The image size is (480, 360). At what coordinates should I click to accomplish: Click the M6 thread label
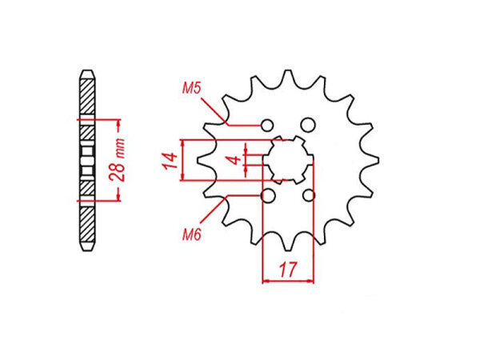(191, 234)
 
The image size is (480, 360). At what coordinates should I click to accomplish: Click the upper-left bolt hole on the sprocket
(269, 125)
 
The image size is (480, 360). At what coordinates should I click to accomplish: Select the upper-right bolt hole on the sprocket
(308, 125)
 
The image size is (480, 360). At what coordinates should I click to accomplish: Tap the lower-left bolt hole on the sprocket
(269, 196)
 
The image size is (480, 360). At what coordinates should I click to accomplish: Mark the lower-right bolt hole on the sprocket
(310, 196)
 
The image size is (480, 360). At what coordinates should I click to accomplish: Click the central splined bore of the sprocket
(288, 160)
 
